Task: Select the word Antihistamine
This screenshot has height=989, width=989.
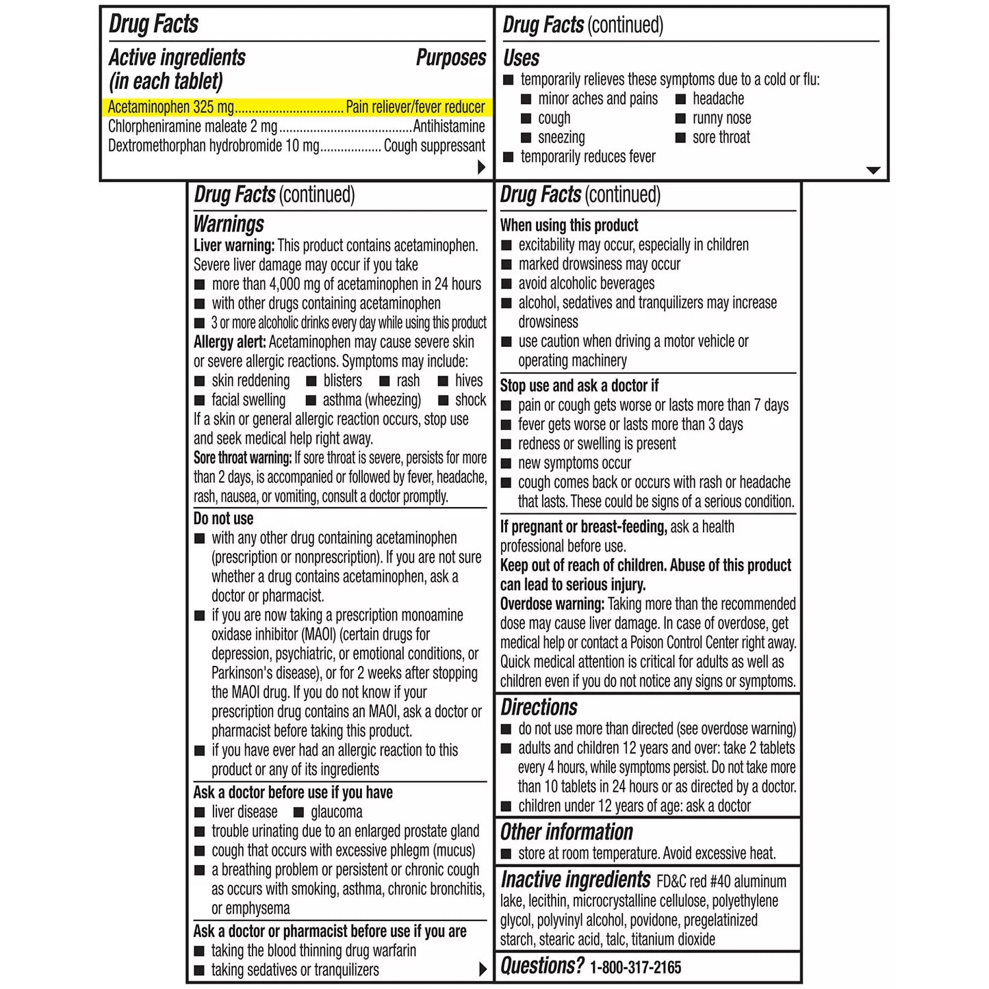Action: point(449,127)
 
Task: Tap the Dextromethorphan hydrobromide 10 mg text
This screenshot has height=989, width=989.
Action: point(214,146)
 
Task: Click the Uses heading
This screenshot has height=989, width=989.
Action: point(521,58)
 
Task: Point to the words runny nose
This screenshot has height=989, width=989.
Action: point(721,118)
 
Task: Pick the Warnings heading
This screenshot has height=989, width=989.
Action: point(229,224)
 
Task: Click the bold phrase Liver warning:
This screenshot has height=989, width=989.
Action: point(234,246)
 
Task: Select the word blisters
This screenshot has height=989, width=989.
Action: point(342,381)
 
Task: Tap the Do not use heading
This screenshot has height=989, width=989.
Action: point(223,519)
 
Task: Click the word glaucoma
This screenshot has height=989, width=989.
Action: point(336,812)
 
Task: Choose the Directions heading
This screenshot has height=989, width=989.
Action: point(539,707)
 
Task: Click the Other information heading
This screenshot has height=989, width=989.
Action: point(566,832)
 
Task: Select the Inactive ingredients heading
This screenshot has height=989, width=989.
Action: point(575,879)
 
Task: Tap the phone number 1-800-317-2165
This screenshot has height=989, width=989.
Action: point(635,968)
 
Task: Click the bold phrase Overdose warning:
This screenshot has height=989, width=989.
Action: point(552,604)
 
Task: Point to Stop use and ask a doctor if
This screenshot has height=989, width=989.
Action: point(579,386)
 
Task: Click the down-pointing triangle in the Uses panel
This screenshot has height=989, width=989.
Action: point(873,170)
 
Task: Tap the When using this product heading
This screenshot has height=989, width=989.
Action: point(569,226)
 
